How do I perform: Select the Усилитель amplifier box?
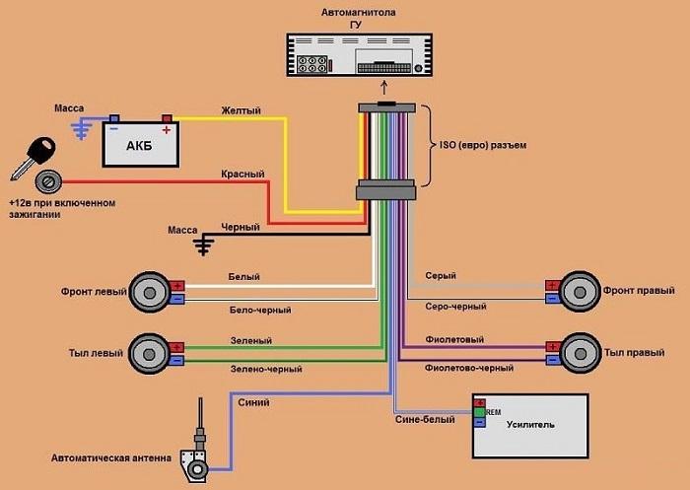[x=530, y=425]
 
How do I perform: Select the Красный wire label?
[x=242, y=175]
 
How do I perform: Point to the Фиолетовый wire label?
[x=454, y=339]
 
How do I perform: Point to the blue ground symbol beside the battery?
[x=88, y=125]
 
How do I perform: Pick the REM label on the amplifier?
[x=493, y=411]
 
